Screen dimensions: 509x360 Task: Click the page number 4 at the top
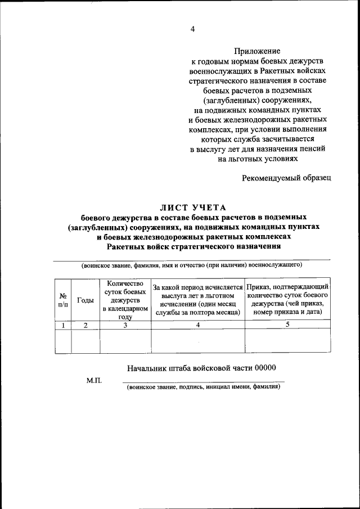click(x=192, y=30)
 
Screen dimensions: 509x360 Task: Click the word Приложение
click(x=258, y=51)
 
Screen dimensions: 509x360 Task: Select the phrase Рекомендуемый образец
click(x=287, y=178)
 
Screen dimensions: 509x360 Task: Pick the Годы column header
click(x=85, y=300)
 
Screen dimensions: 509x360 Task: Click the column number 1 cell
click(x=63, y=325)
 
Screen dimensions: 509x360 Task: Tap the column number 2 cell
click(x=85, y=325)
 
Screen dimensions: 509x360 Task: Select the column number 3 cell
click(x=125, y=325)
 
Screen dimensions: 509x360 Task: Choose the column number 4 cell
click(x=198, y=325)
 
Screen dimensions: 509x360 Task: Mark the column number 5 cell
click(x=287, y=325)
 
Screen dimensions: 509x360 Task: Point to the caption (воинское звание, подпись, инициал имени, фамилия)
click(x=203, y=387)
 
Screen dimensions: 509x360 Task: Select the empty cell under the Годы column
click(x=85, y=341)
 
